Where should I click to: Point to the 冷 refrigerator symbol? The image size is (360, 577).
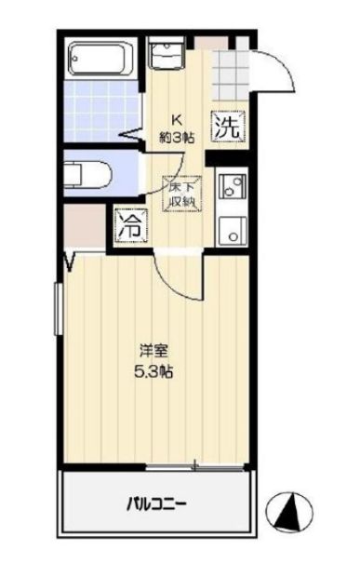[x=128, y=224]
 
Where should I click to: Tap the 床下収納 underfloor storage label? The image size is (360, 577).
[x=181, y=193]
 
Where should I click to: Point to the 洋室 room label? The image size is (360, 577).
[x=154, y=352]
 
